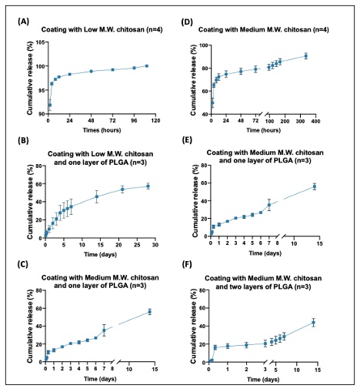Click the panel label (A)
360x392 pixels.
tap(23, 22)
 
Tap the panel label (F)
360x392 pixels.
tap(187, 264)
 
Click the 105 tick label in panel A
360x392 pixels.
tap(41, 42)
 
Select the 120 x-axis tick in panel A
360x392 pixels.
tap(155, 121)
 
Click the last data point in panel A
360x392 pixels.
tap(147, 66)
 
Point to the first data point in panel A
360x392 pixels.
tap(50, 105)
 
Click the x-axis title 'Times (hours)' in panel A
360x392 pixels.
tap(102, 130)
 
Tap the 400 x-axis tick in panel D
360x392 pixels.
tap(315, 121)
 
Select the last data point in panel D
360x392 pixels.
tap(306, 56)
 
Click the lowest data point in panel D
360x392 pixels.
tap(212, 103)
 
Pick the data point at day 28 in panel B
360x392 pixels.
tap(148, 186)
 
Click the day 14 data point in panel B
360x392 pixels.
tap(97, 197)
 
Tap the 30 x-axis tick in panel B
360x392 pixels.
tap(155, 245)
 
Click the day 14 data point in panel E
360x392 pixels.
tap(315, 186)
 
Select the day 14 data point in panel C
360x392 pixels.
tap(149, 312)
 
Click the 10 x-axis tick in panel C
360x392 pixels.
tap(129, 369)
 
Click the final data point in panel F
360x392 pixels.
tap(313, 323)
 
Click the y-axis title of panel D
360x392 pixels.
tap(193, 79)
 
